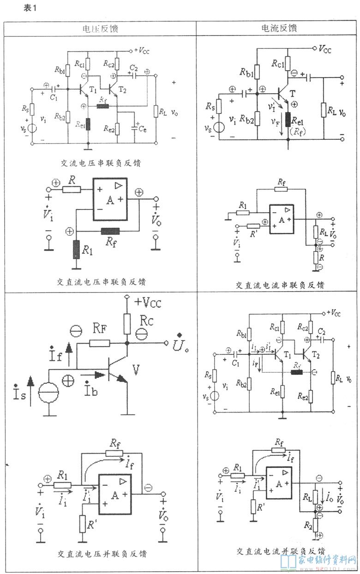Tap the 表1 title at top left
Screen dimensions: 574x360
click(x=29, y=8)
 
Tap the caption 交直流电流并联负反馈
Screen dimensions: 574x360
click(x=280, y=550)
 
